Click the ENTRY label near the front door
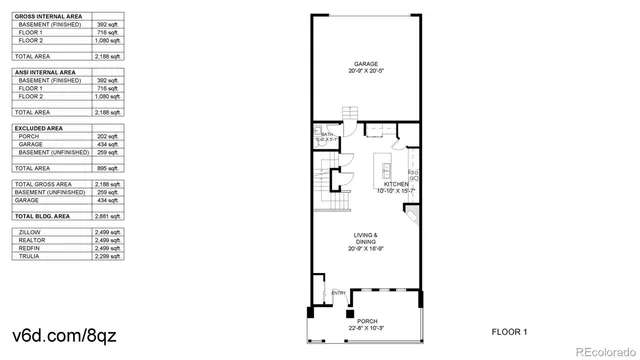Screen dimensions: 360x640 point(338,292)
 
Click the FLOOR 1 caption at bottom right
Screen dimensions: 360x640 point(510,331)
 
